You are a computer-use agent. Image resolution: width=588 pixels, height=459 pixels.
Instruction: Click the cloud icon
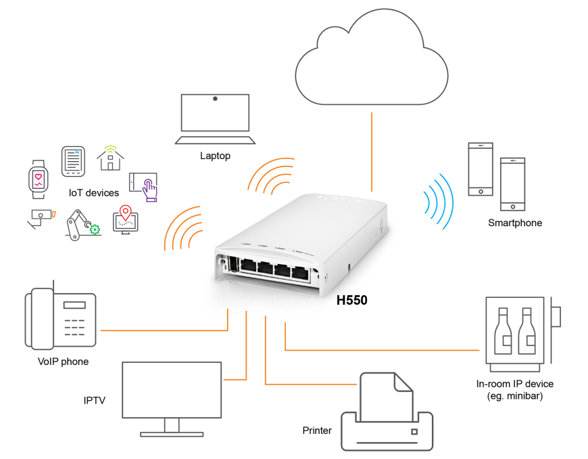[x=371, y=64]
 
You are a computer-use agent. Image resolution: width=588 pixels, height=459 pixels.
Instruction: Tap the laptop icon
[x=215, y=119]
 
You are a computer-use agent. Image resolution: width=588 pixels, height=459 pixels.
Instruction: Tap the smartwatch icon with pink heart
[x=39, y=178]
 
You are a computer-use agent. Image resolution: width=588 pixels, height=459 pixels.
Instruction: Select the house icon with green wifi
[x=110, y=158]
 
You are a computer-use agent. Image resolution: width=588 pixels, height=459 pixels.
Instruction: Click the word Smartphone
[x=515, y=223]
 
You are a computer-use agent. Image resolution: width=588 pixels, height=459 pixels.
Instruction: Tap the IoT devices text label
[x=93, y=193]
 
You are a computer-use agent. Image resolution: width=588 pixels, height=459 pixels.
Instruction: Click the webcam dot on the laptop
[x=215, y=99]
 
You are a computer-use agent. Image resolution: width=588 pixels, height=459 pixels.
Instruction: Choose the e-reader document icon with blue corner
[x=73, y=161]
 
